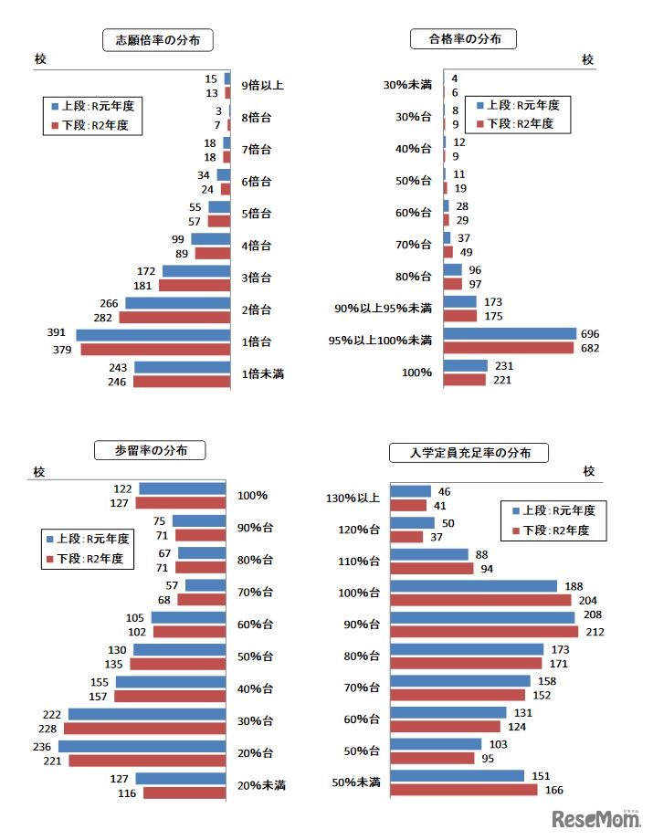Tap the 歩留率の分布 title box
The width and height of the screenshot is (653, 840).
[150, 450]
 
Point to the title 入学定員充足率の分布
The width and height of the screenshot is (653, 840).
[469, 452]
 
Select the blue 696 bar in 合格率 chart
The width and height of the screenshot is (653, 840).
[510, 334]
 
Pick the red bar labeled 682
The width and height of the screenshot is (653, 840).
[509, 348]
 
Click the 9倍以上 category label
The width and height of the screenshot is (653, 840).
[262, 86]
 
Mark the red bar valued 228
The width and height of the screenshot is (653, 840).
[144, 728]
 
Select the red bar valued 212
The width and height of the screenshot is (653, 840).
[484, 631]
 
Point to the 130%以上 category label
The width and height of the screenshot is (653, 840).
[351, 499]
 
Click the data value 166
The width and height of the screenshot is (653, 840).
[553, 791]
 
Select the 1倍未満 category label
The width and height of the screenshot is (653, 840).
[263, 373]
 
